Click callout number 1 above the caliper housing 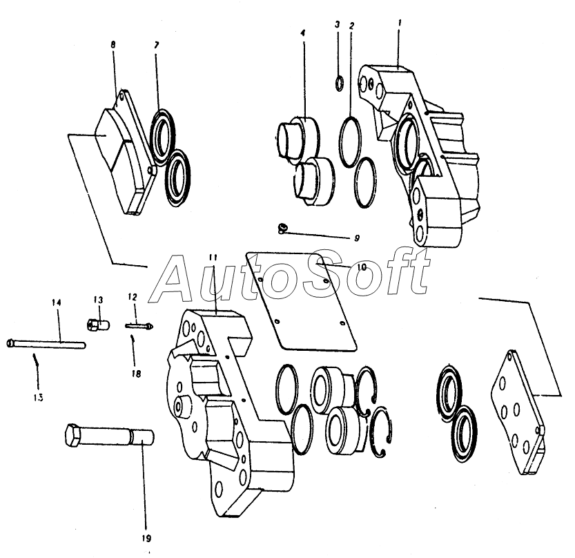click(x=400, y=23)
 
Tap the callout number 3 click(x=337, y=25)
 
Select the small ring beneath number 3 click(x=340, y=84)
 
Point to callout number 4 click(x=302, y=32)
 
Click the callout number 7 click(x=157, y=45)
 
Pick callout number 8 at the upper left click(x=113, y=44)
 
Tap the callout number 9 click(x=357, y=238)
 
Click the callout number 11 click(x=213, y=258)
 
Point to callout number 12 click(x=133, y=296)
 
